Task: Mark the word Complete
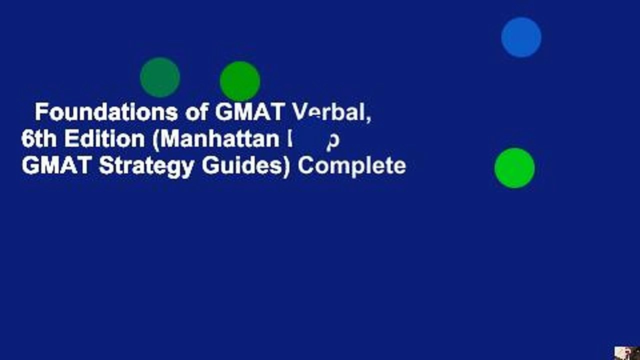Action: pos(351,166)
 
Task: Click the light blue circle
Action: pos(521,37)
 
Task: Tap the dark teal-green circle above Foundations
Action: pos(160,77)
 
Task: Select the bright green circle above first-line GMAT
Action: pos(240,81)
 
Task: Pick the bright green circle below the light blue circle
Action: pos(514,168)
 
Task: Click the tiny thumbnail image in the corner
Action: pos(627,352)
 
